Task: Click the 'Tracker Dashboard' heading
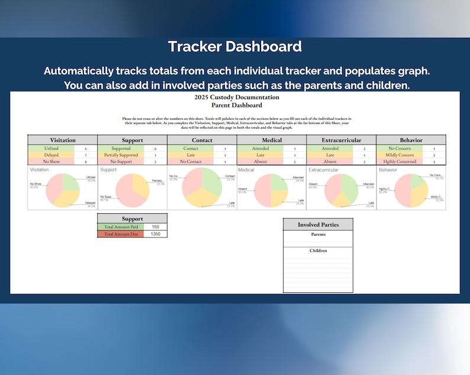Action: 234,47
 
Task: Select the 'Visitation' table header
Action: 62,140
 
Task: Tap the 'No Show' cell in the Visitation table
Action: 51,161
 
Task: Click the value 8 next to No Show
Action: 86,161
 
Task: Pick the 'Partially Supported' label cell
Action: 121,155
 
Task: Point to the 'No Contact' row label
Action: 191,161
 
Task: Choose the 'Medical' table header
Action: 272,140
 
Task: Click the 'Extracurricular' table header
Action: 342,140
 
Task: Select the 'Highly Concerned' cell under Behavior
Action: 400,161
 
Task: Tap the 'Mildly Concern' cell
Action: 400,155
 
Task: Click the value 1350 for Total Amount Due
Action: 155,234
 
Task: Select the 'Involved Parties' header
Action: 318,224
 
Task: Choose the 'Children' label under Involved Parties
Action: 318,250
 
